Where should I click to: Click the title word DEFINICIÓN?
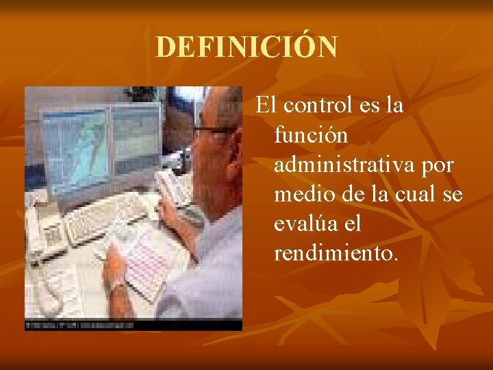coord(246,47)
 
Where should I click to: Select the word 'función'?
coord(311,136)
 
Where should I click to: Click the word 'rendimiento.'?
coord(335,254)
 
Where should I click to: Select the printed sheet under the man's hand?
coord(147,260)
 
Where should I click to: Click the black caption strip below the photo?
coord(134,323)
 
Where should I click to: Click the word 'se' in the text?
coord(453,195)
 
